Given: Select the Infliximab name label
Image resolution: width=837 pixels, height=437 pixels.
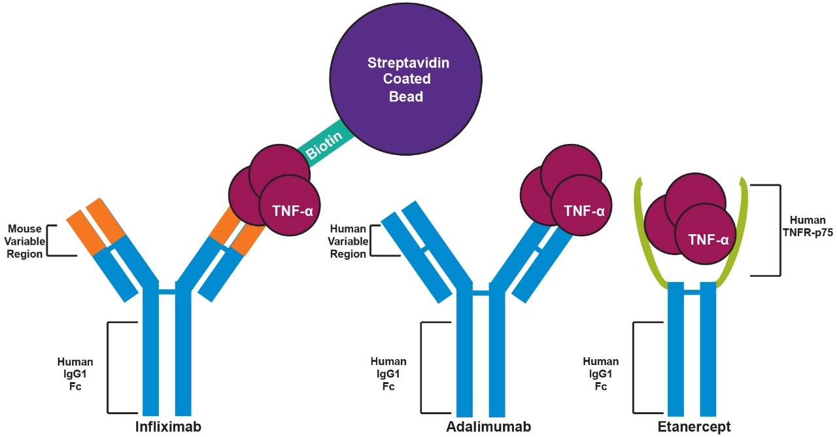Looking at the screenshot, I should [x=167, y=427].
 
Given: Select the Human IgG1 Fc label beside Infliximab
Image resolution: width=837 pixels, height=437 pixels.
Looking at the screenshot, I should [x=75, y=374].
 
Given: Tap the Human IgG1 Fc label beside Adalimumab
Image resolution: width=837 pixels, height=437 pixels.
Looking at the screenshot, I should [x=388, y=374].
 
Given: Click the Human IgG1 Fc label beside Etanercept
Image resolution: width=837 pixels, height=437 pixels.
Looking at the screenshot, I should [x=600, y=374].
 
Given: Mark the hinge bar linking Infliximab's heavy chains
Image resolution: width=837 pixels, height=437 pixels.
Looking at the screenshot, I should [x=167, y=291].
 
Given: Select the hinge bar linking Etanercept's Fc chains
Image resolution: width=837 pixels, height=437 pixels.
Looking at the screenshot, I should [x=691, y=291].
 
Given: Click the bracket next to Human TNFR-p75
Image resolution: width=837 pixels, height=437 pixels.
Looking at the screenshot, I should [x=778, y=230].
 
